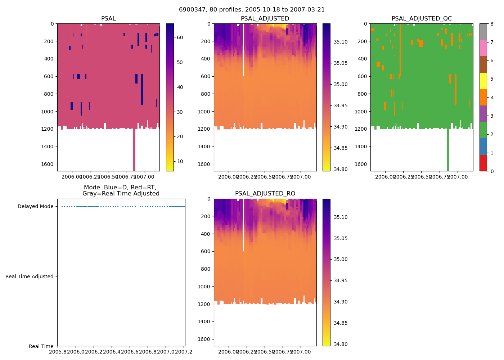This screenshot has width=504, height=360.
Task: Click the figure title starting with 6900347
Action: [252, 10]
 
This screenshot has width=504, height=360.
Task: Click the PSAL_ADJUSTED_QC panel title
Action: [422, 19]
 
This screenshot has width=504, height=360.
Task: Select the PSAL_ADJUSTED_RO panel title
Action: [265, 194]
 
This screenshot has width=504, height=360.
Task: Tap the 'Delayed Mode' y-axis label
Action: [35, 207]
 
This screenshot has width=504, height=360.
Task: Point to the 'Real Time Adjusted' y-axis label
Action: [30, 276]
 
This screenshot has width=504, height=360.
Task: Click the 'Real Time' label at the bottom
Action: [41, 346]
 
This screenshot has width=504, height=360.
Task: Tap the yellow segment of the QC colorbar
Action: [483, 81]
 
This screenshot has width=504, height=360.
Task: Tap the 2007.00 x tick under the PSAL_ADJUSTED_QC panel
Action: [458, 177]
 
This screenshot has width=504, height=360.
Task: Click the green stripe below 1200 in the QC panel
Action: [448, 151]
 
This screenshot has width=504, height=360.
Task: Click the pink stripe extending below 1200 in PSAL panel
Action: [134, 151]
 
